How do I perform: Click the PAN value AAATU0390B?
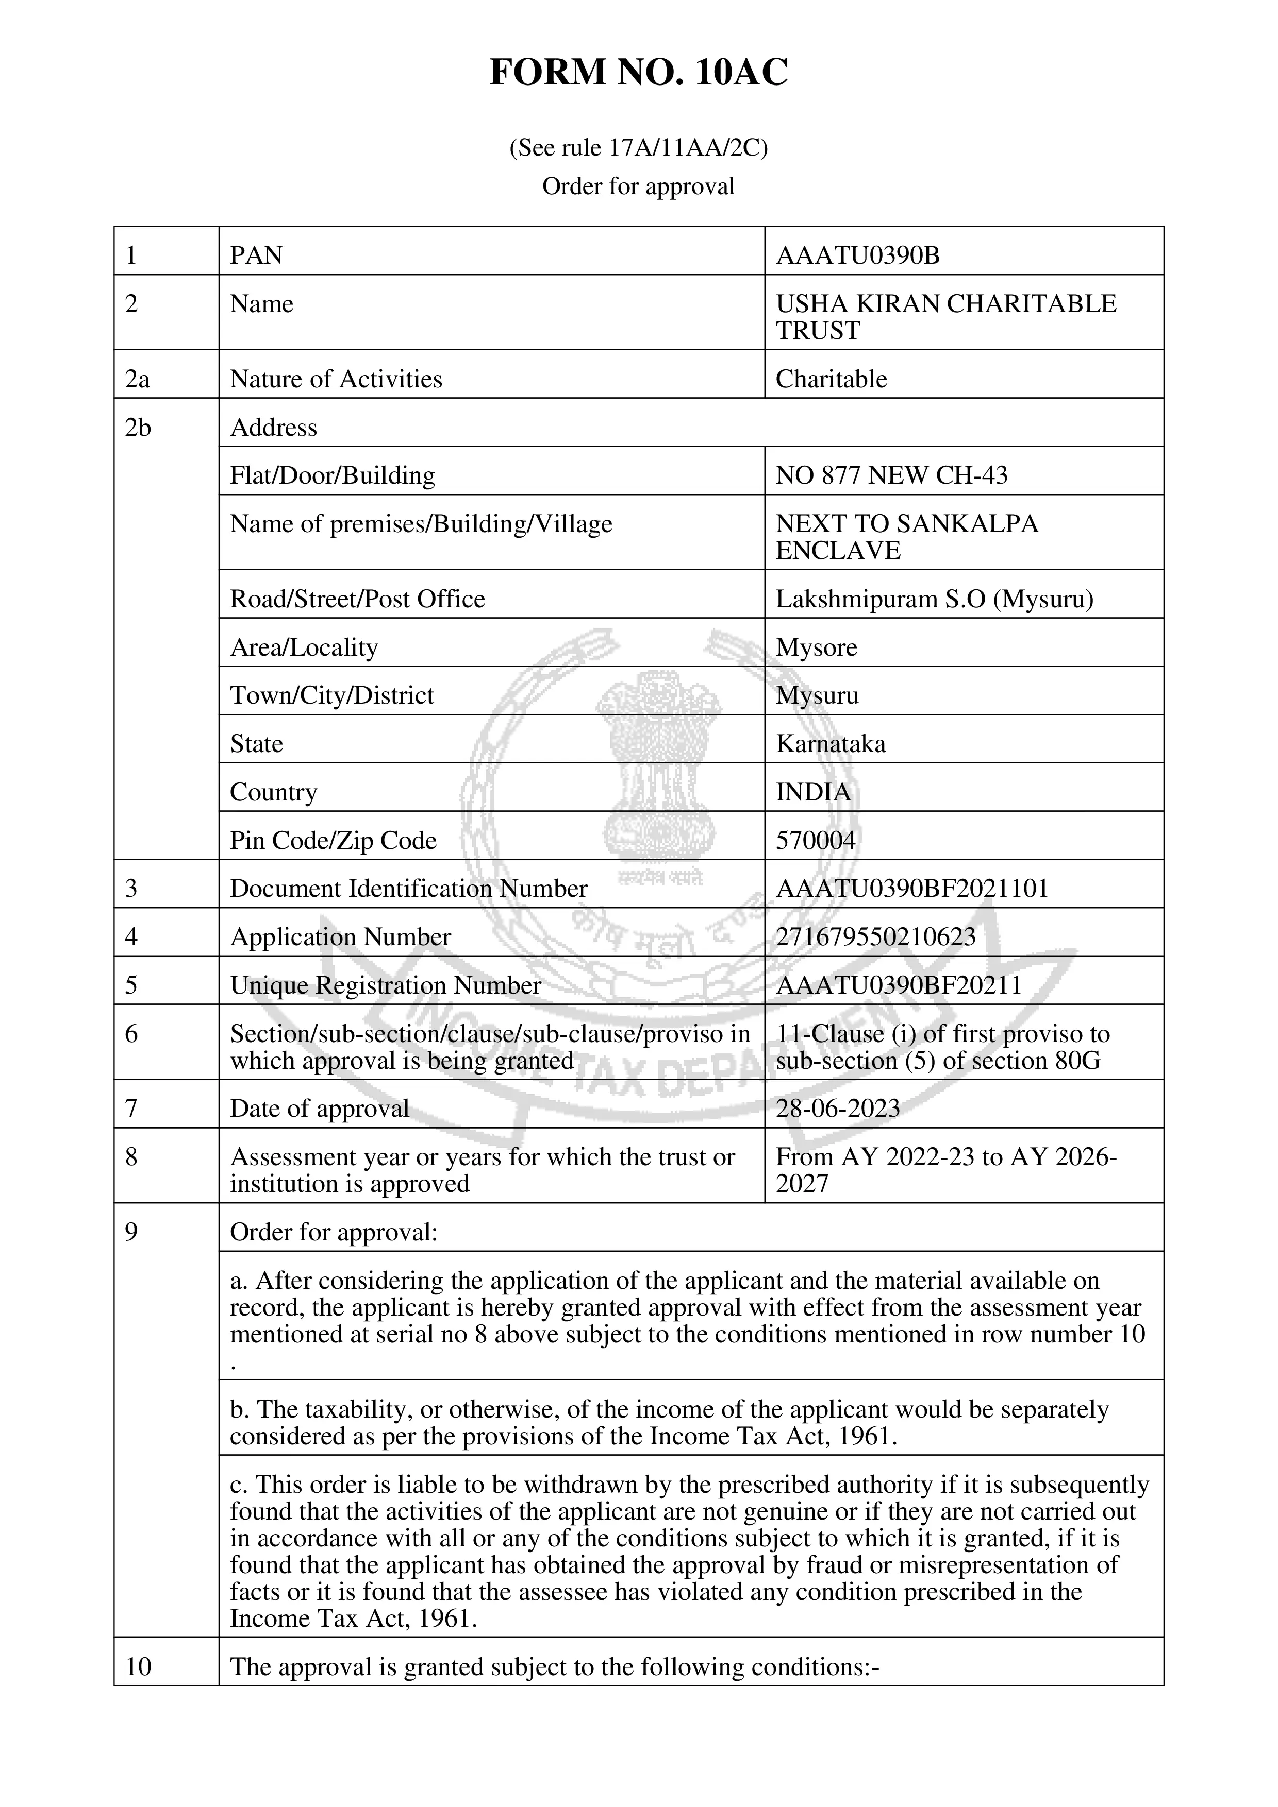[857, 256]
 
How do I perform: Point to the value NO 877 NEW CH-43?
[891, 475]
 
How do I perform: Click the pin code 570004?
[815, 841]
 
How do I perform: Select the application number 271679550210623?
[875, 936]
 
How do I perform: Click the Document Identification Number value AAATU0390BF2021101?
[912, 889]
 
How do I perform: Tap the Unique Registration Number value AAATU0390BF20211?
[899, 985]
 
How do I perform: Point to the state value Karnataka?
[831, 744]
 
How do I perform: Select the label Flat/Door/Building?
[333, 475]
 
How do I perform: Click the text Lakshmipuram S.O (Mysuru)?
[935, 599]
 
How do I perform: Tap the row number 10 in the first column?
[139, 1667]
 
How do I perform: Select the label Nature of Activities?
[336, 379]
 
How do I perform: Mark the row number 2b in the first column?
[138, 428]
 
